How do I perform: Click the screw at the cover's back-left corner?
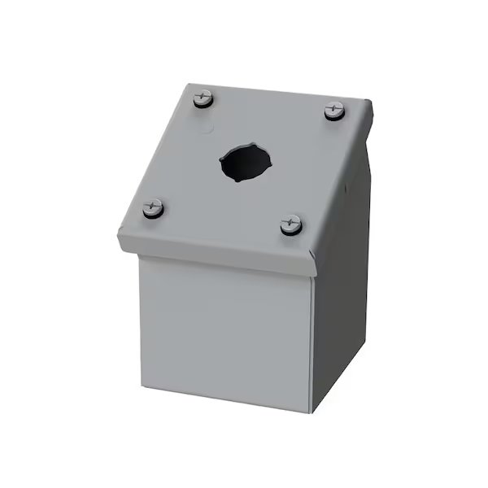[203, 100]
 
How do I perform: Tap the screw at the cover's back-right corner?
[335, 110]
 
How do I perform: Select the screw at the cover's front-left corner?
[152, 208]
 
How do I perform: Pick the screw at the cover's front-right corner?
[291, 224]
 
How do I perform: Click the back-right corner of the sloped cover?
[372, 102]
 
